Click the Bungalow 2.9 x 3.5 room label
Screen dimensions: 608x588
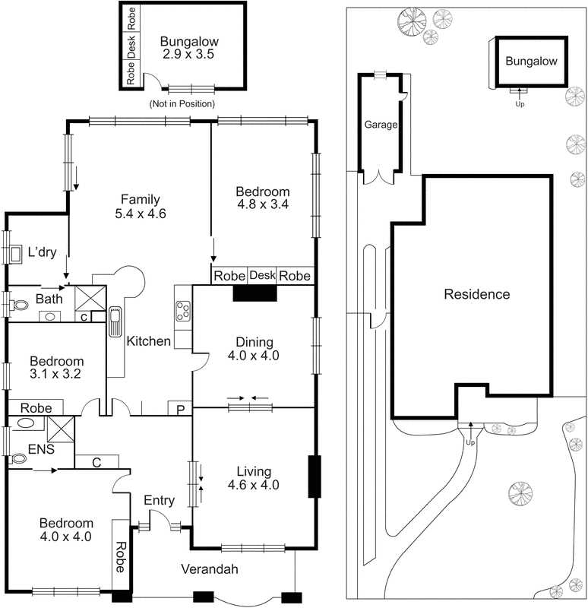click(183, 48)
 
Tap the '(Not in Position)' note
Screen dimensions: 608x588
click(182, 103)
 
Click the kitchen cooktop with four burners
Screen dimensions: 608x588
click(183, 309)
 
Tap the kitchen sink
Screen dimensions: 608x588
click(115, 321)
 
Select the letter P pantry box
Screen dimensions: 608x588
click(180, 410)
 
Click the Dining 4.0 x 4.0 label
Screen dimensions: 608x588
click(254, 348)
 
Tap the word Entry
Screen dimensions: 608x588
click(160, 500)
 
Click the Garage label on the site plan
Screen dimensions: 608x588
click(381, 125)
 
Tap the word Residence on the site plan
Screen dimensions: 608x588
click(477, 294)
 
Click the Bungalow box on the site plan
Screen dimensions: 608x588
click(532, 61)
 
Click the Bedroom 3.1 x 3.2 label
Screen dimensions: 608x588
click(56, 368)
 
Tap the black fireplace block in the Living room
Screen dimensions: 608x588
click(314, 477)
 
